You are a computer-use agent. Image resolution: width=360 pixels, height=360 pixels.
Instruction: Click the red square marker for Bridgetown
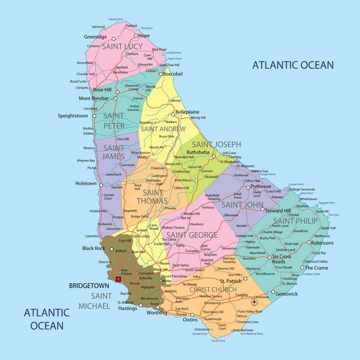click(x=118, y=278)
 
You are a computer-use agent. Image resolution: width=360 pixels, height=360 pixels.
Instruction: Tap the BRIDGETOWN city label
click(x=89, y=286)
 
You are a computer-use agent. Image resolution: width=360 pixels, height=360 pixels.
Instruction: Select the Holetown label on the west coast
click(x=86, y=184)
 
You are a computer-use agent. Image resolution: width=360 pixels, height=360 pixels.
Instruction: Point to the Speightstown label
click(x=73, y=116)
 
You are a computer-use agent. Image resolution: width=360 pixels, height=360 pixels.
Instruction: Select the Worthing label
click(x=157, y=312)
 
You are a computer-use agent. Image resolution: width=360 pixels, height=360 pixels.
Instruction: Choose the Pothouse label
click(x=261, y=186)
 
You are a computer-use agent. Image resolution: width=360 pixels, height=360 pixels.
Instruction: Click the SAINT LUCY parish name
click(x=122, y=47)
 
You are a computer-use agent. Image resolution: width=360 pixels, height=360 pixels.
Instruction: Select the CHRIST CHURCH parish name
click(x=212, y=290)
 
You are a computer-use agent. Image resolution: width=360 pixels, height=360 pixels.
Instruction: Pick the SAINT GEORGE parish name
click(x=192, y=235)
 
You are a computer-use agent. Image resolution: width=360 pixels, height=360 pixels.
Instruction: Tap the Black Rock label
click(x=93, y=248)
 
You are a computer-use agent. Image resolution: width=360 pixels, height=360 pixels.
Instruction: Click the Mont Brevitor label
click(x=92, y=98)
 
